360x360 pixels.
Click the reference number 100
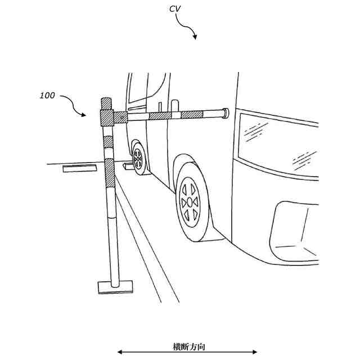pyautogui.click(x=47, y=96)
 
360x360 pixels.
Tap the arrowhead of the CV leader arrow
pyautogui.click(x=195, y=37)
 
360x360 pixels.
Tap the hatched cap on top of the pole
pyautogui.click(x=106, y=103)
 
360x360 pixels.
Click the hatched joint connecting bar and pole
pyautogui.click(x=107, y=118)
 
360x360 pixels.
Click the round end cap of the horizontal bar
pyautogui.click(x=226, y=114)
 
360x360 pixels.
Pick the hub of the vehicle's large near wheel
pyautogui.click(x=190, y=201)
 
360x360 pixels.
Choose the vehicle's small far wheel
pyautogui.click(x=138, y=160)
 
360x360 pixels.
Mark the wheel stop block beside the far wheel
pyautogui.click(x=127, y=167)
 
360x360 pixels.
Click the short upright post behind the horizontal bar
pyautogui.click(x=161, y=106)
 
